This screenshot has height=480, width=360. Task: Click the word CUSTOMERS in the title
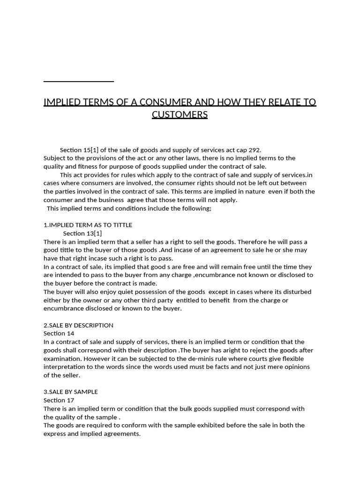click(180, 115)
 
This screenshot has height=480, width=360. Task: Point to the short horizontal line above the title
click(79, 82)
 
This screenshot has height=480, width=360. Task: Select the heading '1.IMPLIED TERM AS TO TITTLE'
click(88, 225)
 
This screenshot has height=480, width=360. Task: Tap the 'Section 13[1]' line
click(82, 233)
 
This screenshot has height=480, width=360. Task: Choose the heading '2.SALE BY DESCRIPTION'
click(78, 325)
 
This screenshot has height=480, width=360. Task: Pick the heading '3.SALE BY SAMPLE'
click(71, 392)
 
